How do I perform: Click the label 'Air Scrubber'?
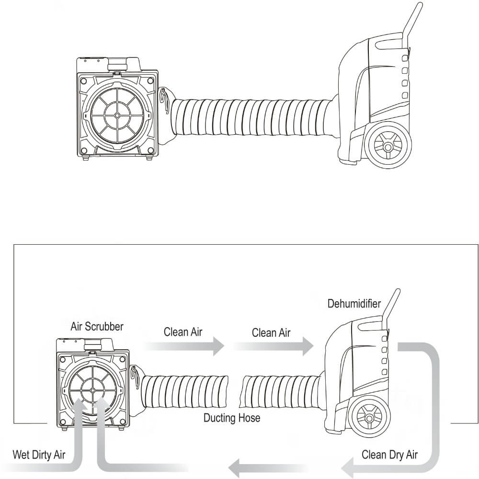point(97,327)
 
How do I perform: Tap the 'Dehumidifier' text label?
point(354,303)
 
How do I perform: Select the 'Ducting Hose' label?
point(232,418)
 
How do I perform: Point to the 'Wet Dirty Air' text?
point(39,454)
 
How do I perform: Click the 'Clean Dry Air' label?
point(389,454)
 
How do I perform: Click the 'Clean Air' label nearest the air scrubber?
point(182,332)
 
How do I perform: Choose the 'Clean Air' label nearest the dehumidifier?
point(271,332)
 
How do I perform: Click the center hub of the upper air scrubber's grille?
point(117,115)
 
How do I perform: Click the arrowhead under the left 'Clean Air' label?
point(217,346)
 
